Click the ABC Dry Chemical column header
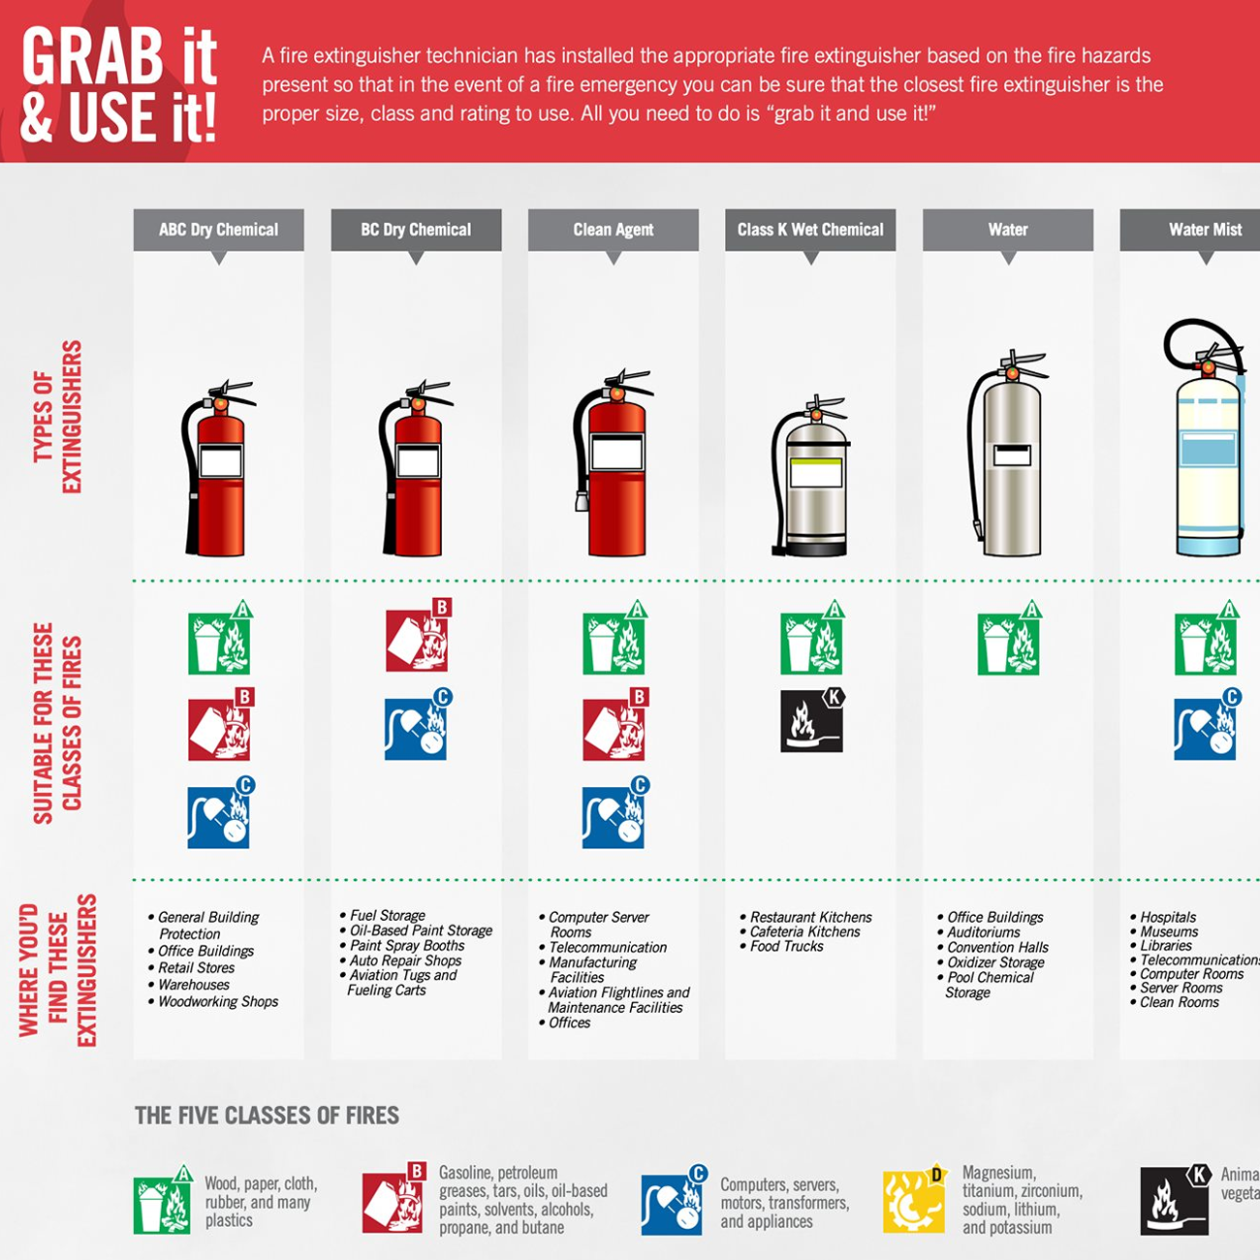pyautogui.click(x=218, y=230)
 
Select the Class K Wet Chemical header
pyautogui.click(x=810, y=230)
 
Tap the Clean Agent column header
pyautogui.click(x=613, y=230)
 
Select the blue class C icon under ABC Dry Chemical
pyautogui.click(x=219, y=816)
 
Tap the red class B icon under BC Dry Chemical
pyautogui.click(x=418, y=640)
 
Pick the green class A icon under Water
pyautogui.click(x=1008, y=643)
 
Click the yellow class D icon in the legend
pyautogui.click(x=913, y=1202)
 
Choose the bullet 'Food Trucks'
pyautogui.click(x=786, y=946)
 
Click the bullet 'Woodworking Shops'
pyautogui.click(x=218, y=1001)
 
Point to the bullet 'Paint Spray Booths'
pyautogui.click(x=407, y=945)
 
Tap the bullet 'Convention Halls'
pyautogui.click(x=997, y=947)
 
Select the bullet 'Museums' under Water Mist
pyautogui.click(x=1169, y=931)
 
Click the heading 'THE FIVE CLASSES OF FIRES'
pyautogui.click(x=267, y=1116)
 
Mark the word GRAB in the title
pyautogui.click(x=93, y=56)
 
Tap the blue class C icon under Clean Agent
pyautogui.click(x=614, y=816)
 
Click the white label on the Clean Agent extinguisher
pyautogui.click(x=617, y=453)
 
